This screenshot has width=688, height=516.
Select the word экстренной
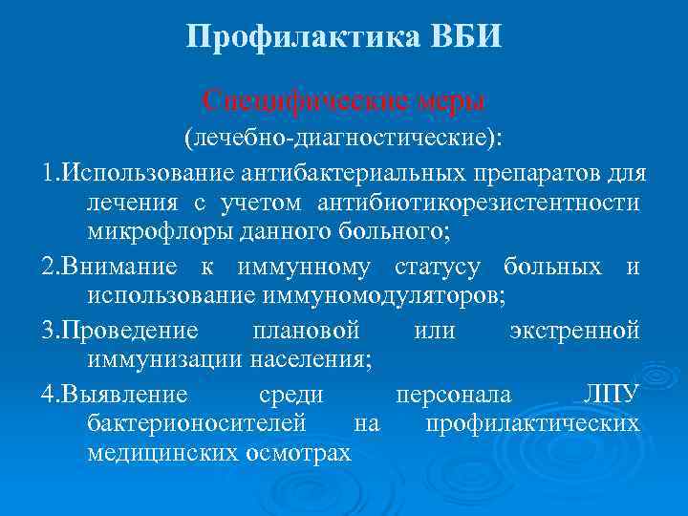[x=574, y=331]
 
